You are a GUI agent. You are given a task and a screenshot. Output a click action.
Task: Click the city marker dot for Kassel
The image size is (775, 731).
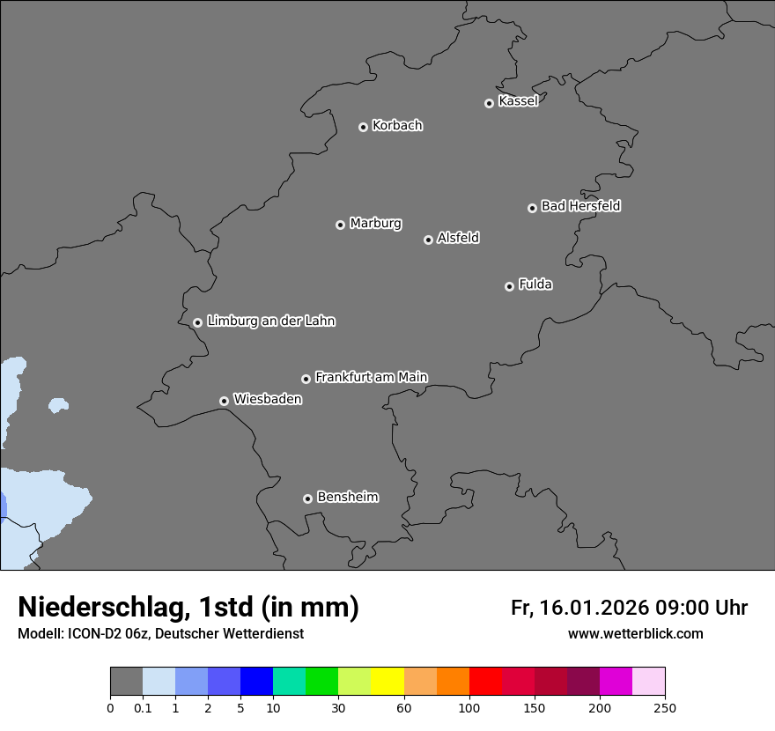tap(489, 103)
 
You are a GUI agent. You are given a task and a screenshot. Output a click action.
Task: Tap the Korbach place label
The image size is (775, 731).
tap(397, 126)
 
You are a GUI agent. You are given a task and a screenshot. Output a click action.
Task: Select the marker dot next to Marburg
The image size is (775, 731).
tap(340, 225)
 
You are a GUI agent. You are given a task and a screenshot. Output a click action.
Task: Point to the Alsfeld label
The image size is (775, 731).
tap(458, 238)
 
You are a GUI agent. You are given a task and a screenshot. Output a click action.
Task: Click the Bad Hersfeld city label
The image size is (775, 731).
tap(580, 206)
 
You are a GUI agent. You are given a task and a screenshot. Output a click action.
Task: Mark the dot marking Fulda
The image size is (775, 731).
tap(509, 286)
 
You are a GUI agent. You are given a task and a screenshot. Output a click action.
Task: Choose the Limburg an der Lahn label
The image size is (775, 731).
tap(270, 321)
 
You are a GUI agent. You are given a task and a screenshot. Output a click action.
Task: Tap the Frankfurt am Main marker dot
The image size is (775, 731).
tap(306, 379)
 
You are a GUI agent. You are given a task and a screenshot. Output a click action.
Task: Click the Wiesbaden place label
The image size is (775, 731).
tap(267, 399)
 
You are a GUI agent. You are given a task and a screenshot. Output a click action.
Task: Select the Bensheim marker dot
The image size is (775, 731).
tap(307, 498)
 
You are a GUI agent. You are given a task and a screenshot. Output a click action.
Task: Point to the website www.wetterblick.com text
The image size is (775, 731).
tap(635, 633)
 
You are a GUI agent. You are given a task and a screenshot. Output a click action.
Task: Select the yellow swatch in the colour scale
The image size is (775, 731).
tap(387, 682)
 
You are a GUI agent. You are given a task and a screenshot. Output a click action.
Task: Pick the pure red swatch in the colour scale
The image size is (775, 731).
tap(485, 682)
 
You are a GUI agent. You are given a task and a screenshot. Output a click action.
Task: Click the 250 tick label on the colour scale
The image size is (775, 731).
tap(665, 707)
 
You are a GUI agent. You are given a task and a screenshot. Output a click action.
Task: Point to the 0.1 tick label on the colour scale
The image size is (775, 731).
tap(143, 707)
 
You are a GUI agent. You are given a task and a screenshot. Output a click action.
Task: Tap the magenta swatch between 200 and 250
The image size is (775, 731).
tap(616, 682)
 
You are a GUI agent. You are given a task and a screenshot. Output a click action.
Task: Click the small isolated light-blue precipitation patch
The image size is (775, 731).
tap(58, 405)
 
